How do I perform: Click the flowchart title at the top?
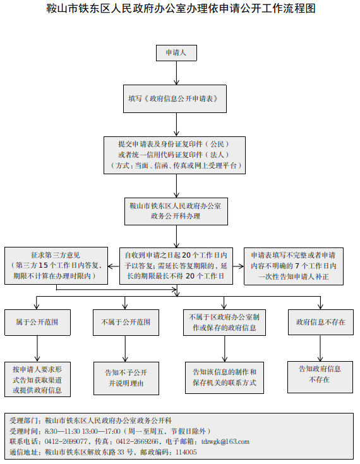point(180,9)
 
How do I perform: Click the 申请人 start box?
point(176,53)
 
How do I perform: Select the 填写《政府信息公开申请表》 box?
point(176,99)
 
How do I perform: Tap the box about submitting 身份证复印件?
point(176,155)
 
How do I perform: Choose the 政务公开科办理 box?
point(176,211)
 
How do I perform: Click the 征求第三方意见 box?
point(56,266)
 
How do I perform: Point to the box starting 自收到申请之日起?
point(177,266)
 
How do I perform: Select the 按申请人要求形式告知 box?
point(37,379)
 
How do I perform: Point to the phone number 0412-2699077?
point(66,441)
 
